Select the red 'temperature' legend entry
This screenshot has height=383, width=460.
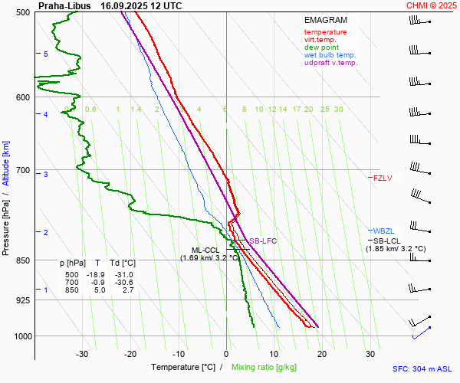(x=325, y=32)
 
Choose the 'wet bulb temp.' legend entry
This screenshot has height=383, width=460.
(x=330, y=55)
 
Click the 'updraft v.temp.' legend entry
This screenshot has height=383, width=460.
(x=330, y=63)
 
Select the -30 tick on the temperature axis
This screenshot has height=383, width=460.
(x=82, y=354)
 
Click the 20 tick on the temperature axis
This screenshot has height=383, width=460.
(x=322, y=354)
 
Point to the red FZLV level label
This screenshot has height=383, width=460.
(x=383, y=178)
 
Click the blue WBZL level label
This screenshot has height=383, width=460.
(x=383, y=231)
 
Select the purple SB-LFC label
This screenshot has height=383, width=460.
(x=262, y=241)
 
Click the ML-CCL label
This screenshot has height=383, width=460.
(x=206, y=250)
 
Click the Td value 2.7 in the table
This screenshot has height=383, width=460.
(x=127, y=290)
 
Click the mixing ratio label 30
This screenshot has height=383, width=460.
(x=338, y=110)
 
